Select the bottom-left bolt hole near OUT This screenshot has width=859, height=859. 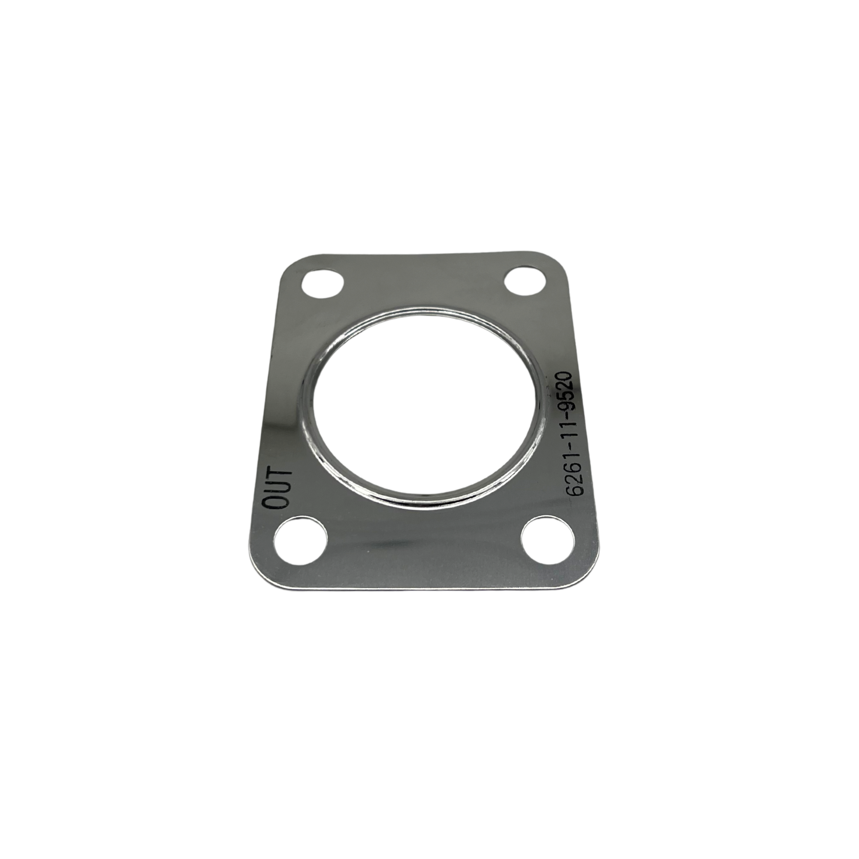301,539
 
